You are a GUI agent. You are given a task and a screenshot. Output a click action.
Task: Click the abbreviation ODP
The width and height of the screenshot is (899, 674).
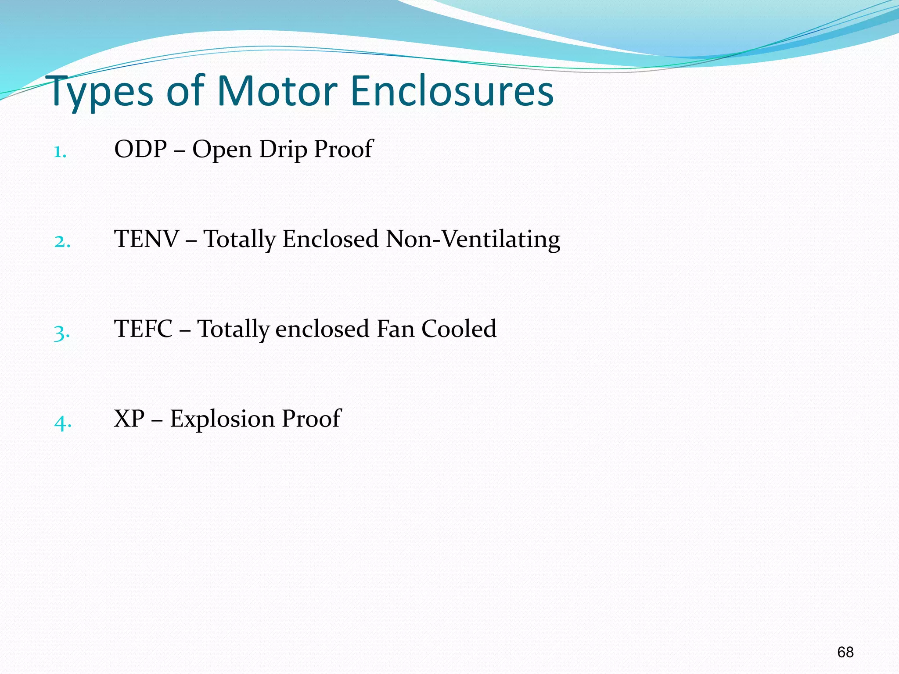(140, 149)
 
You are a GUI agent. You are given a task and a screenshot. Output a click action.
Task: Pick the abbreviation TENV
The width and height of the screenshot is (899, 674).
(147, 239)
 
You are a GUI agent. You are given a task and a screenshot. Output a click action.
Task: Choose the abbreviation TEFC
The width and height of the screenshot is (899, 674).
(143, 329)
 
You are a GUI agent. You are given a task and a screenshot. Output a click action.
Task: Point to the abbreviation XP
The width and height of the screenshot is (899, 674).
(129, 419)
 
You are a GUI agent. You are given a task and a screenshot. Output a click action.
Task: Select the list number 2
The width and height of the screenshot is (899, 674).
(62, 242)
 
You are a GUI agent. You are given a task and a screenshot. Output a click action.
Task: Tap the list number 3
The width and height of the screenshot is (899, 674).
(62, 333)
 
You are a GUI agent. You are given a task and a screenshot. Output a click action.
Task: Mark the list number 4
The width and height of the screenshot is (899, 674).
(63, 422)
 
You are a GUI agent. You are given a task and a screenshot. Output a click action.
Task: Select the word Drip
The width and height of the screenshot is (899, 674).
(283, 150)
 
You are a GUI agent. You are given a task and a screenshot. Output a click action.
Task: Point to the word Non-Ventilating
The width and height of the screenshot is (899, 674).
(473, 240)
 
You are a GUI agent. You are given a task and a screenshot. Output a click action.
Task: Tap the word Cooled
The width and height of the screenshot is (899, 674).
(459, 329)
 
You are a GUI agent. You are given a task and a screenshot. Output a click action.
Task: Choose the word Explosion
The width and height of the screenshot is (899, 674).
(222, 419)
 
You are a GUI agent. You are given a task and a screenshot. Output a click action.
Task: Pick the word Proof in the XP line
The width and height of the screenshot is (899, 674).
(311, 419)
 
